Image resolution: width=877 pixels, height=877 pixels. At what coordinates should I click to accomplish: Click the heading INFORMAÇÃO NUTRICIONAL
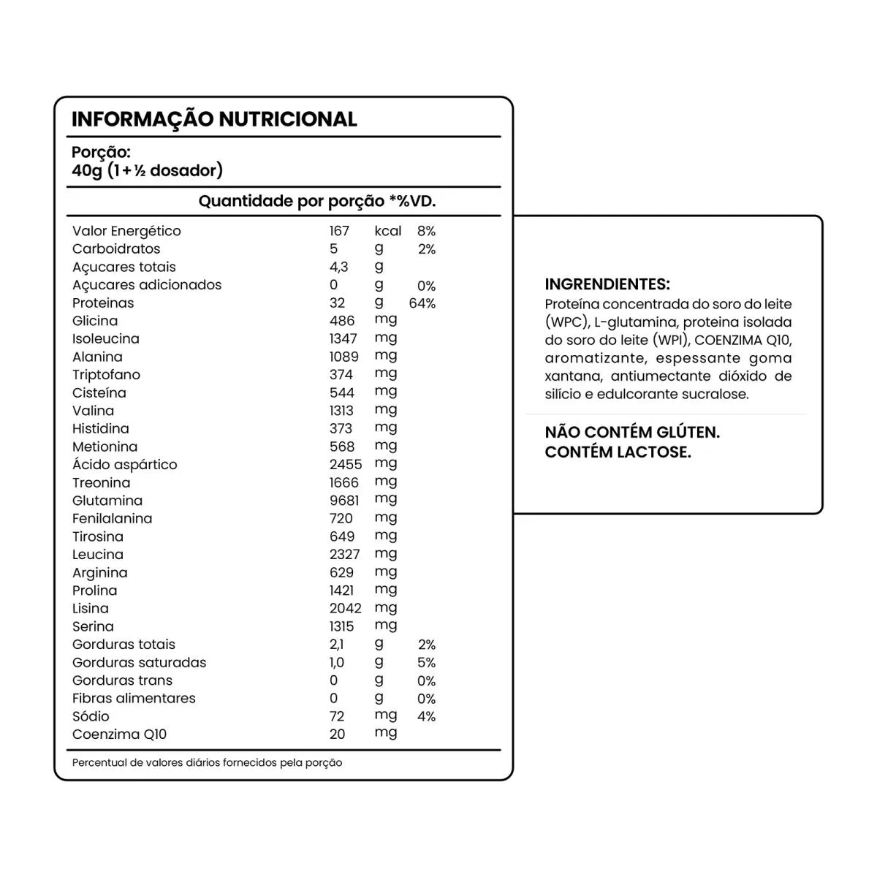pyautogui.click(x=214, y=119)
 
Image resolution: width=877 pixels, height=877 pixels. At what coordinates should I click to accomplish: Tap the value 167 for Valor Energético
pyautogui.click(x=339, y=231)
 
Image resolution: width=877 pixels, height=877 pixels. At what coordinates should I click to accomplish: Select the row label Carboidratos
pyautogui.click(x=116, y=248)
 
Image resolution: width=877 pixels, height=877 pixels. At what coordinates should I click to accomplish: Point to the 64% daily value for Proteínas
pyautogui.click(x=422, y=303)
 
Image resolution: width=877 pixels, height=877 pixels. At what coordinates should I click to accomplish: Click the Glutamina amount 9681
pyautogui.click(x=344, y=501)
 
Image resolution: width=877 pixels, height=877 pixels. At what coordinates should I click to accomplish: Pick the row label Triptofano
pyautogui.click(x=106, y=375)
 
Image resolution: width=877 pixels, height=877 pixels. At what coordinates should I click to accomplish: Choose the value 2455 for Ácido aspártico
pyautogui.click(x=346, y=465)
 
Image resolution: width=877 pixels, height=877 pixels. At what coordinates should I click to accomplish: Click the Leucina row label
pyautogui.click(x=98, y=555)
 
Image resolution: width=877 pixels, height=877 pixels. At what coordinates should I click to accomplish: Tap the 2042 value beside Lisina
pyautogui.click(x=345, y=609)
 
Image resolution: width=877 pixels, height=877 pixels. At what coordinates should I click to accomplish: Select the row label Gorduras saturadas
pyautogui.click(x=139, y=663)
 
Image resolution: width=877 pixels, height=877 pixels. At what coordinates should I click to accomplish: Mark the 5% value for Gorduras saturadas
pyautogui.click(x=426, y=663)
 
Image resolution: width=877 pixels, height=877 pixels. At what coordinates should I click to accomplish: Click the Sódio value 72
pyautogui.click(x=337, y=717)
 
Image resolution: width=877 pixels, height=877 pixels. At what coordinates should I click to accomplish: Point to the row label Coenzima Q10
pyautogui.click(x=119, y=734)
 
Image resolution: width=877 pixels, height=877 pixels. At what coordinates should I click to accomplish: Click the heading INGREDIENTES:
pyautogui.click(x=607, y=284)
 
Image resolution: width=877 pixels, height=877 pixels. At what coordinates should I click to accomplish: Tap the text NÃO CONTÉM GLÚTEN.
pyautogui.click(x=632, y=432)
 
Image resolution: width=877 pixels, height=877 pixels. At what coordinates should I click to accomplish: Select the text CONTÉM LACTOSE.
pyautogui.click(x=618, y=452)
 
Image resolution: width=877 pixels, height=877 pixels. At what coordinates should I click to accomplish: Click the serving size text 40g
pyautogui.click(x=87, y=170)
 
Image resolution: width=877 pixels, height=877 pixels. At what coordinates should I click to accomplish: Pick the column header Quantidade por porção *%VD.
pyautogui.click(x=317, y=201)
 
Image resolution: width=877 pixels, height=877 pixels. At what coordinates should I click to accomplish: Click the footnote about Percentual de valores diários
pyautogui.click(x=207, y=762)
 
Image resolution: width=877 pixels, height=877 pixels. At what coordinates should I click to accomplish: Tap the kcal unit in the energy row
pyautogui.click(x=388, y=231)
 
